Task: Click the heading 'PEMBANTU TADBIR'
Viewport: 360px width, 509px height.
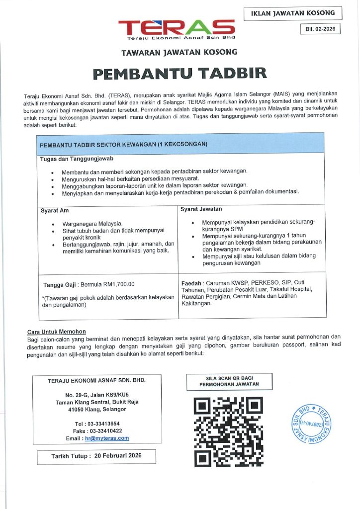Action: [180, 74]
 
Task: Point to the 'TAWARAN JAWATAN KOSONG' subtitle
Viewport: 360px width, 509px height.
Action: [180, 52]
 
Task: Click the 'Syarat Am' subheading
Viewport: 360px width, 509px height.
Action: [55, 210]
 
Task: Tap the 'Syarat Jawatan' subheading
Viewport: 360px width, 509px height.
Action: [201, 209]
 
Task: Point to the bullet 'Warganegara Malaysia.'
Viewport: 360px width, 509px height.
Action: [92, 224]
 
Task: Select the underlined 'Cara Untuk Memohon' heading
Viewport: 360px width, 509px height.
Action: [56, 332]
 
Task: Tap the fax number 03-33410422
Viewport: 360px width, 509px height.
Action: [106, 430]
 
